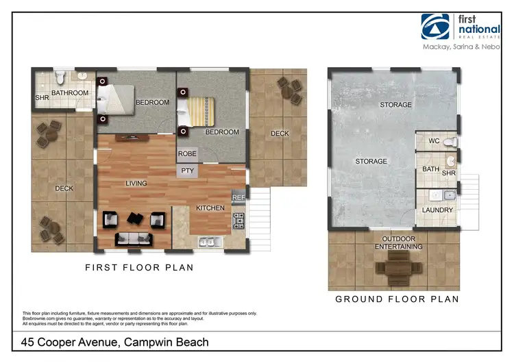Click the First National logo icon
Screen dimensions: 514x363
tap(435, 27)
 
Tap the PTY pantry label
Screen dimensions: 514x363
tap(188, 171)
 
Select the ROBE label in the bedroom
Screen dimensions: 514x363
tap(187, 153)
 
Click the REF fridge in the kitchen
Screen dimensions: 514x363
tap(238, 197)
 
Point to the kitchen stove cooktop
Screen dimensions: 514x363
tap(238, 221)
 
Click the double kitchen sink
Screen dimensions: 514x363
tap(210, 242)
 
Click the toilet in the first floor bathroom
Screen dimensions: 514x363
tap(60, 77)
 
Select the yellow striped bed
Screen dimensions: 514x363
tap(196, 112)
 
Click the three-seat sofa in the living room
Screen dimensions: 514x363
tap(134, 239)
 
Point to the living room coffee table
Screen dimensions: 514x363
tap(135, 218)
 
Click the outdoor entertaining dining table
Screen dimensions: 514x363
tap(399, 268)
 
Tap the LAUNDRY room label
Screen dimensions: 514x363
tap(437, 210)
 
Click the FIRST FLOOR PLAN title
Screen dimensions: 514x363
tap(139, 268)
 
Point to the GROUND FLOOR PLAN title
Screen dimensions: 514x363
tap(397, 299)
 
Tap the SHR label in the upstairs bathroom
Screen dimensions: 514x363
tap(42, 98)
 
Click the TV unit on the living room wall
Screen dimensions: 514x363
tap(132, 138)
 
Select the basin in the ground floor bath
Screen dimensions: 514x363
tap(451, 161)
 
